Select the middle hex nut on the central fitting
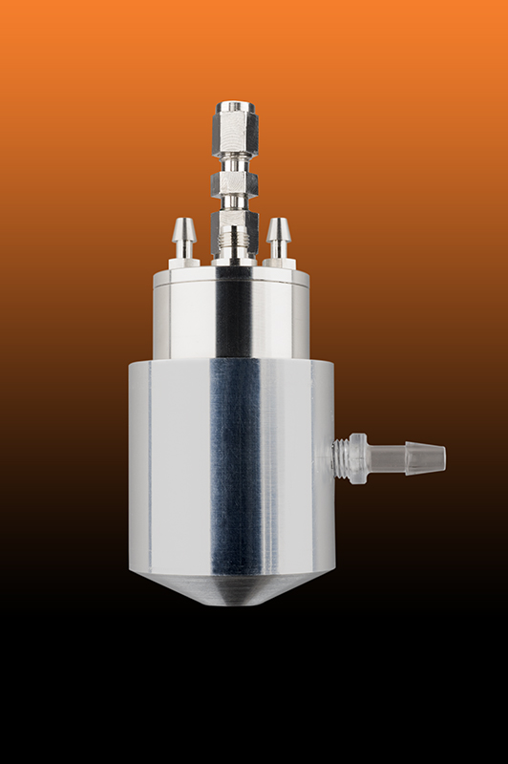tap(233, 182)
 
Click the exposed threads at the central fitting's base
tap(233, 251)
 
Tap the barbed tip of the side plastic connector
tap(425, 459)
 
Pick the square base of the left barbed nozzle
tap(184, 262)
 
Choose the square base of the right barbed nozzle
tap(279, 262)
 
